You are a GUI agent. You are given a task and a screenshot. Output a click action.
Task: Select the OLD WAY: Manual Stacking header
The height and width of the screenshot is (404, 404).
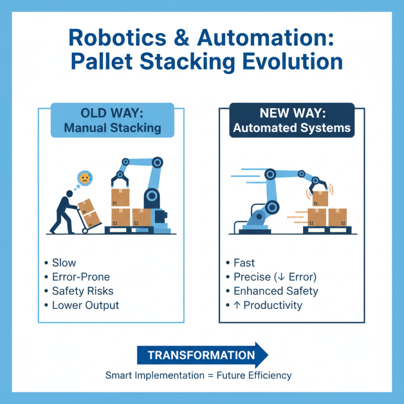113,120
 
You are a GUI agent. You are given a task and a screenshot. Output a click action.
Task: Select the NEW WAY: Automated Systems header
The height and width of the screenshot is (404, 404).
291,120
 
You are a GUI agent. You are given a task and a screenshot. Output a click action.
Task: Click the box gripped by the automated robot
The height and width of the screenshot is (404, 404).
320,198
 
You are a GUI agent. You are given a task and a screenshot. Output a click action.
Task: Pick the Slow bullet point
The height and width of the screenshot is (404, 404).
64,263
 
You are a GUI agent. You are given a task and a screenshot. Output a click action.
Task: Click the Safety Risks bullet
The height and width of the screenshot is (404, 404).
82,291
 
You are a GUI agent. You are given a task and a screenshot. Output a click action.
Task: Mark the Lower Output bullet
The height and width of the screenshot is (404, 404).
85,305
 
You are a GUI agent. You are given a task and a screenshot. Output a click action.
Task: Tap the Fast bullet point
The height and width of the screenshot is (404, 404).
244,263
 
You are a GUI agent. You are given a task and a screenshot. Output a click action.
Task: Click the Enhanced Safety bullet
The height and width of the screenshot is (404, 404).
276,291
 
